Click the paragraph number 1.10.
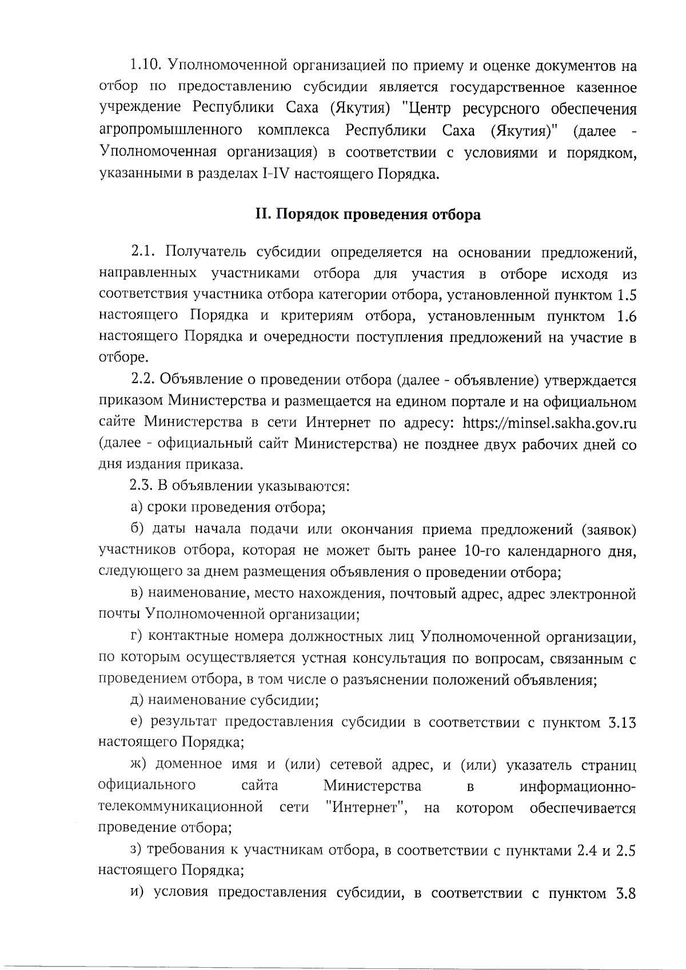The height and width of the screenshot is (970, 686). tap(145, 66)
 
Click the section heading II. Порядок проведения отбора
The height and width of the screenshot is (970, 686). tap(368, 215)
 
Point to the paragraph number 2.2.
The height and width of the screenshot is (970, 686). tap(143, 381)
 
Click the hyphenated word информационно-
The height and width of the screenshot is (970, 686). tap(577, 787)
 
